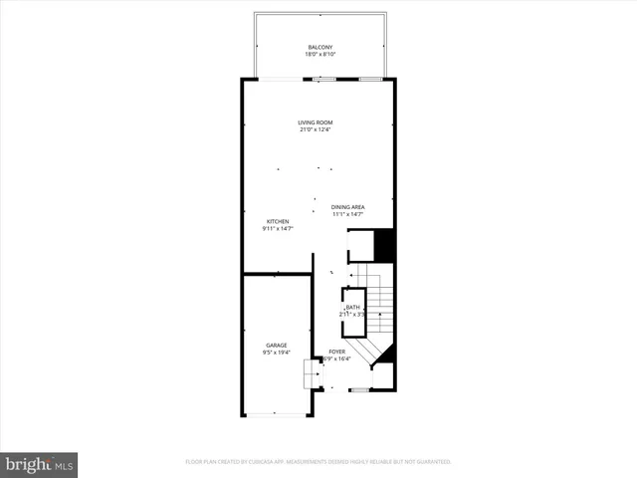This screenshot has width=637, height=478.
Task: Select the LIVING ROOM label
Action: tap(316, 122)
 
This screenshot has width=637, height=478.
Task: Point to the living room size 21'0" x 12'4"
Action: tap(316, 130)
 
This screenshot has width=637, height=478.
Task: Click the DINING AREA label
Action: tap(347, 207)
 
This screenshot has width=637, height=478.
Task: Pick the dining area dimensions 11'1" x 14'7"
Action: tap(347, 215)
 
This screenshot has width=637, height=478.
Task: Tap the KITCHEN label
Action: tap(277, 221)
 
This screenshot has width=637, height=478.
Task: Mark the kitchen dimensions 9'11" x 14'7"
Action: tap(277, 229)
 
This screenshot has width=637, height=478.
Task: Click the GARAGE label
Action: tap(276, 345)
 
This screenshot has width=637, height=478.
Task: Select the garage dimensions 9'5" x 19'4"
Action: tap(276, 353)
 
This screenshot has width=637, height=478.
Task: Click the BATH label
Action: tap(353, 308)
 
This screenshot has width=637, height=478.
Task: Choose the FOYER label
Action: tap(336, 353)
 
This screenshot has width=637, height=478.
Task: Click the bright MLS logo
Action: tap(40, 463)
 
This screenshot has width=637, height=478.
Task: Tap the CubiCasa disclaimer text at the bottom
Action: tap(318, 462)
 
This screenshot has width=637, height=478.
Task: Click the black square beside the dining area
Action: tap(384, 246)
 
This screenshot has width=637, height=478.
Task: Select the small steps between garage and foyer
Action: tap(312, 374)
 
